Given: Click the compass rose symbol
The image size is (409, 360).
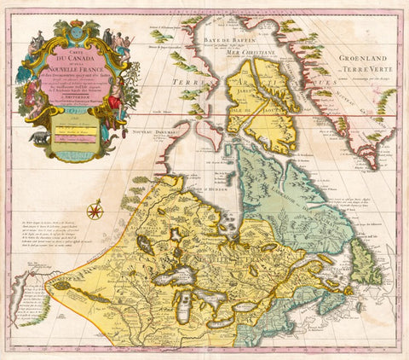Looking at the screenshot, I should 95,209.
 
